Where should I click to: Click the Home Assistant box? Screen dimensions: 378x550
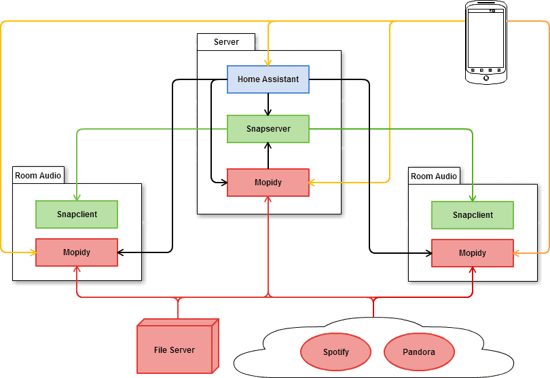coord(268,79)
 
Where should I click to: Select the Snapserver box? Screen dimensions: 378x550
coord(268,129)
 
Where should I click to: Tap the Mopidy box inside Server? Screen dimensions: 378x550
coord(268,183)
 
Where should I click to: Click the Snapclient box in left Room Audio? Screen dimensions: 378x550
coord(77,214)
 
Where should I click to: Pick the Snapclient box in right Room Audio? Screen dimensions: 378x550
coord(473,215)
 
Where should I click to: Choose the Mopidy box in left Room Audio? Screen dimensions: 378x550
coord(77,252)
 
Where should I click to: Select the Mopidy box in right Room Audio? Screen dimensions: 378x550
coord(473,253)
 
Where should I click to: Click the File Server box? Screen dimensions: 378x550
coord(175,350)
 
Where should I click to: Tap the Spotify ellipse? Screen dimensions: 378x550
coord(335,352)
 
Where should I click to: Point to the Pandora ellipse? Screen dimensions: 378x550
coord(419,352)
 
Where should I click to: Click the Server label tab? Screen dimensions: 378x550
coord(226,42)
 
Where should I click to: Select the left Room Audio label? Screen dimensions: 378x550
coord(38,176)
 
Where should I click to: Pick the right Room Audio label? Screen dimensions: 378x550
coord(434,176)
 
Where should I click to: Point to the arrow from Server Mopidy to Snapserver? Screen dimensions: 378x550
coord(269,155)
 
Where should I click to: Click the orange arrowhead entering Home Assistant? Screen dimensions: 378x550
coord(269,62)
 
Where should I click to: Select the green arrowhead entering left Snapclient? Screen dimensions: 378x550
coord(77,197)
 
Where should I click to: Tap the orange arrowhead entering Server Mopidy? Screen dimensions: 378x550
coord(313,183)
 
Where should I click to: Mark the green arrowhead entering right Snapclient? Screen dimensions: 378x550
coord(473,197)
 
